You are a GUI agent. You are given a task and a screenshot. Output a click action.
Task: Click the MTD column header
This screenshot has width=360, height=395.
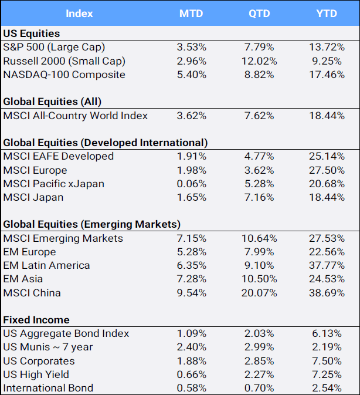coord(191,13)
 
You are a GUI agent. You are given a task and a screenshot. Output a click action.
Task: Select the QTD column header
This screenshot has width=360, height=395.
coord(259,13)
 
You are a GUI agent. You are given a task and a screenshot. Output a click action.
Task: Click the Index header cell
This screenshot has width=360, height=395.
coord(79,13)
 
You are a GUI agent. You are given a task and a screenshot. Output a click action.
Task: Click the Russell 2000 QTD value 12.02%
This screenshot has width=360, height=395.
coord(259,61)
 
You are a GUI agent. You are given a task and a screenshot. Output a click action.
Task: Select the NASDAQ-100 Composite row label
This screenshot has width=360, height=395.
coord(64,75)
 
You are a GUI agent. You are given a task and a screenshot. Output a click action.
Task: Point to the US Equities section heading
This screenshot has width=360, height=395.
coord(32,33)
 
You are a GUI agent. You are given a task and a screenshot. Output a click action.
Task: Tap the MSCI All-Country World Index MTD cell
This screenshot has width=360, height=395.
coord(191,116)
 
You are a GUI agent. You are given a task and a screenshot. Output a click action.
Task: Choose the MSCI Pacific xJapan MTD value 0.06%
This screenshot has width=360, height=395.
coord(191,184)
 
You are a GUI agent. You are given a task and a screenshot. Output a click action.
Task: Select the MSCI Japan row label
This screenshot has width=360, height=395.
coord(33,197)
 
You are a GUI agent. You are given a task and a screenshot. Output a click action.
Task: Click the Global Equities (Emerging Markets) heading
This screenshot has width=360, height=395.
coord(91,224)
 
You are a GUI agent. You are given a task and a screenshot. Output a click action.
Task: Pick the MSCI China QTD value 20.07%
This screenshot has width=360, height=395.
coord(259,293)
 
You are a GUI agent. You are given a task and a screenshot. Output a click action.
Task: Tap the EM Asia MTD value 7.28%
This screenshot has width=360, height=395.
coord(191,279)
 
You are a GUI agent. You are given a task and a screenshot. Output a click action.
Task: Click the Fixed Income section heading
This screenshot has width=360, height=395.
coord(36,320)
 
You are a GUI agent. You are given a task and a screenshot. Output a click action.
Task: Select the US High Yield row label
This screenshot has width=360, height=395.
coord(36,374)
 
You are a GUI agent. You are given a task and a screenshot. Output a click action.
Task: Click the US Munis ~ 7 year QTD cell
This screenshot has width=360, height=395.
coord(259,347)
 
